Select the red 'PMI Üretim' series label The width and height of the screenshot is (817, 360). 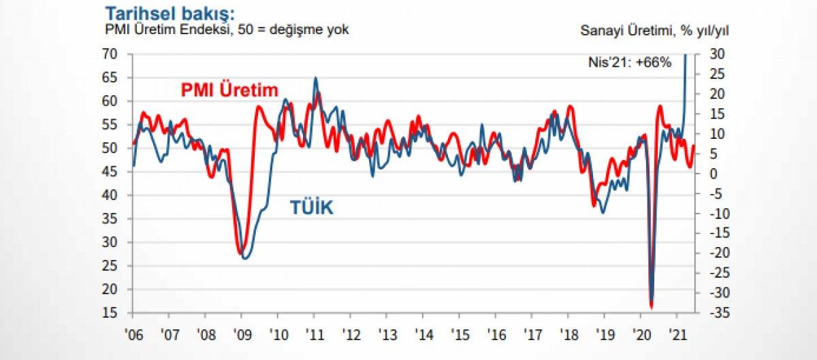(229, 90)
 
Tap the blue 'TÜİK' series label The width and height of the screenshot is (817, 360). (312, 208)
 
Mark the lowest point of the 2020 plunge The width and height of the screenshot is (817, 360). (652, 306)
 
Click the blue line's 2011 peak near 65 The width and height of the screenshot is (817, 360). (315, 78)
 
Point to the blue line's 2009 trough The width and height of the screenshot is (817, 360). (246, 258)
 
